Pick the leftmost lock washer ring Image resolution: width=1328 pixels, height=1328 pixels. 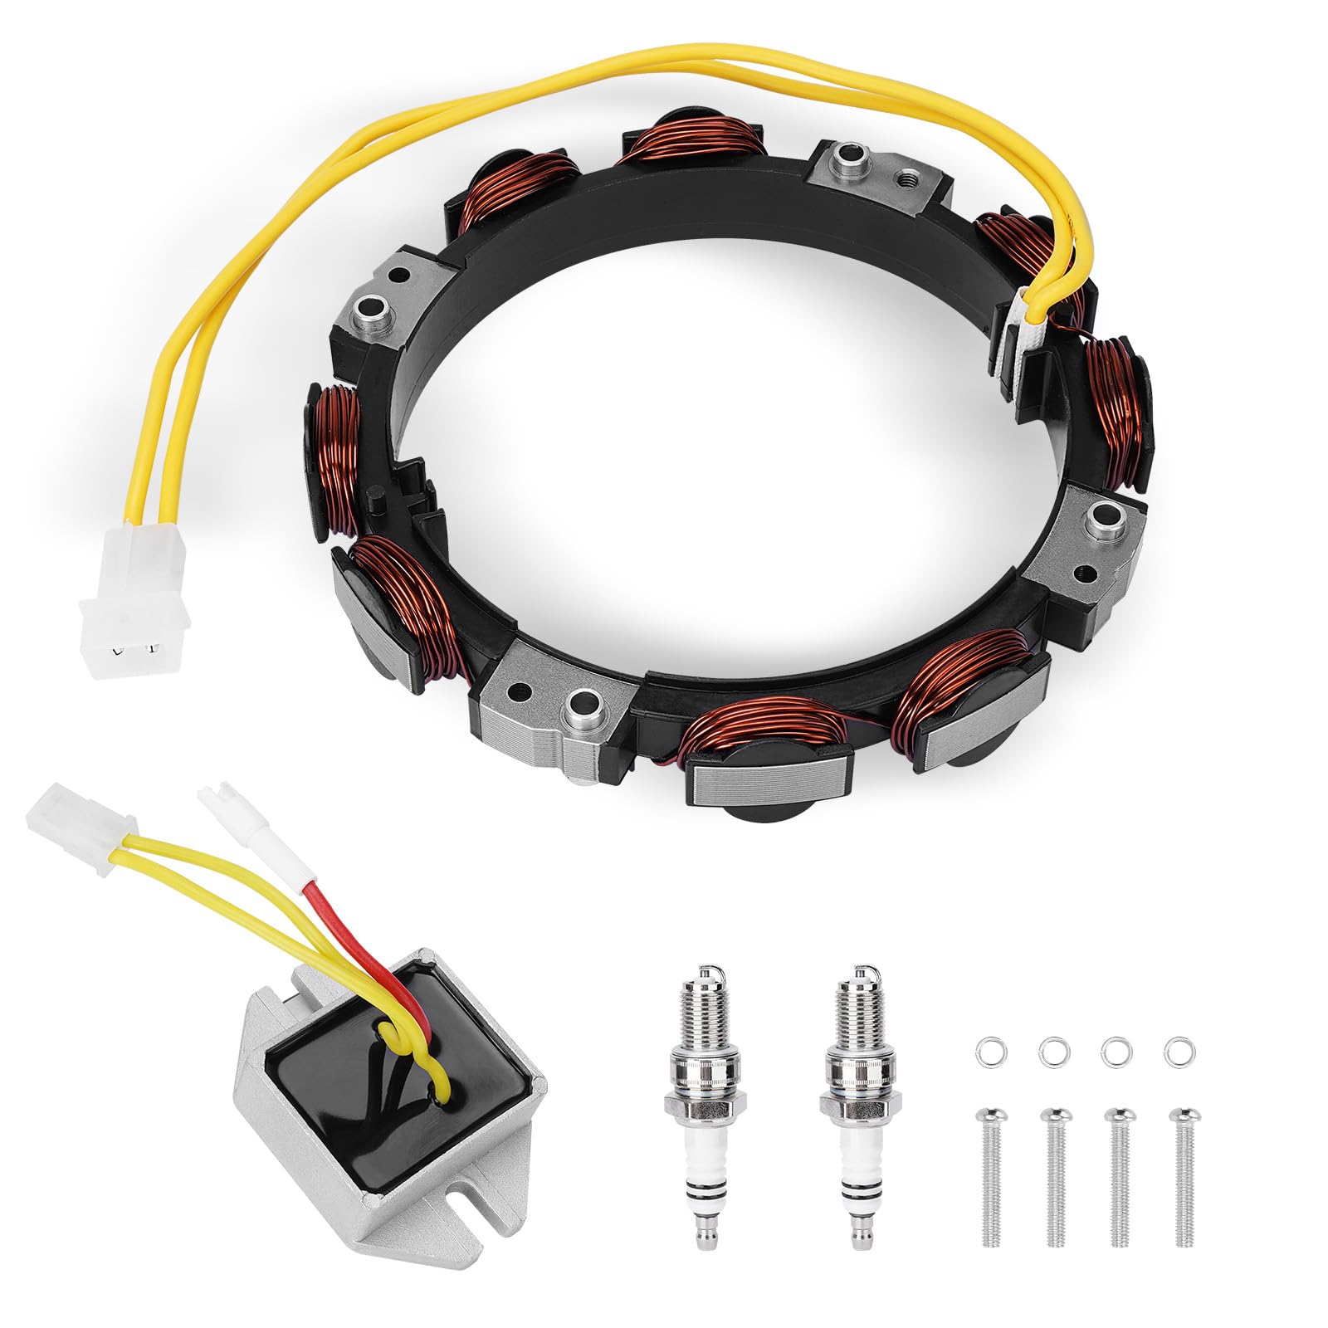tap(986, 1051)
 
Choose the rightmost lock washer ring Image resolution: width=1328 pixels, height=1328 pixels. tap(1175, 1051)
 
